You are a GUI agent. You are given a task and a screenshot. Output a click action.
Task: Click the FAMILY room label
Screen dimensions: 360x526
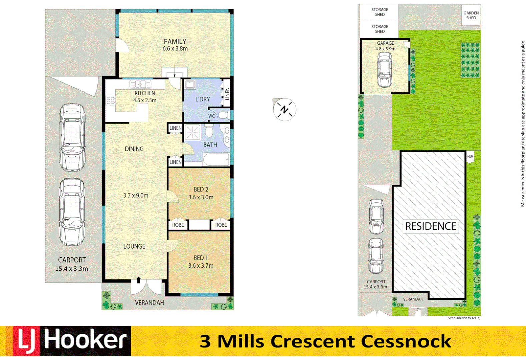175,42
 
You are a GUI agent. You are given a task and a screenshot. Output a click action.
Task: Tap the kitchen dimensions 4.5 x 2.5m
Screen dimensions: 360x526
145,100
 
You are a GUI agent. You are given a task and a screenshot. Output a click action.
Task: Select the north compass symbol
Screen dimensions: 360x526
284,110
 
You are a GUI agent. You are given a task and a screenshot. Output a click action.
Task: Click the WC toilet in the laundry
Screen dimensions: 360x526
222,116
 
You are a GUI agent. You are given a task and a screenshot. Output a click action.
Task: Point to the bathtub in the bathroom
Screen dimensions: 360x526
216,160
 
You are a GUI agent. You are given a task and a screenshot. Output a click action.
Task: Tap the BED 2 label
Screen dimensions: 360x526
201,189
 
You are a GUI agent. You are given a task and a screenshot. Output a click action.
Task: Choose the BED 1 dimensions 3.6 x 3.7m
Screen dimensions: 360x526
201,266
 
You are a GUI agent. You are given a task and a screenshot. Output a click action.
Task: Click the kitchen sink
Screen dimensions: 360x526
140,84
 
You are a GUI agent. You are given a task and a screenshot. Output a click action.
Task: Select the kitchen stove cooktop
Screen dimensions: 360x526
110,100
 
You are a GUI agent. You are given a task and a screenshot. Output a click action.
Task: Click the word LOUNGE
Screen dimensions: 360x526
134,246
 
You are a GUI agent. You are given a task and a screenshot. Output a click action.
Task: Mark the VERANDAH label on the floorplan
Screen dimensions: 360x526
149,303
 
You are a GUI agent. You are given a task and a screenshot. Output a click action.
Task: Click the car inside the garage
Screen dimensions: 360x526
384,69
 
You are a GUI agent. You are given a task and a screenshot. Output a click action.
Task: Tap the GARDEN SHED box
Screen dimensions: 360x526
471,15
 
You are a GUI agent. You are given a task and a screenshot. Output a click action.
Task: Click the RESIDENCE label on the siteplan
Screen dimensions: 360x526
430,226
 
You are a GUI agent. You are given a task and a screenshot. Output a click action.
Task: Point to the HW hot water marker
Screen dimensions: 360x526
470,157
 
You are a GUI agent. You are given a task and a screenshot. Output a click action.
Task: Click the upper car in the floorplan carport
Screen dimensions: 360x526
72,137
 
